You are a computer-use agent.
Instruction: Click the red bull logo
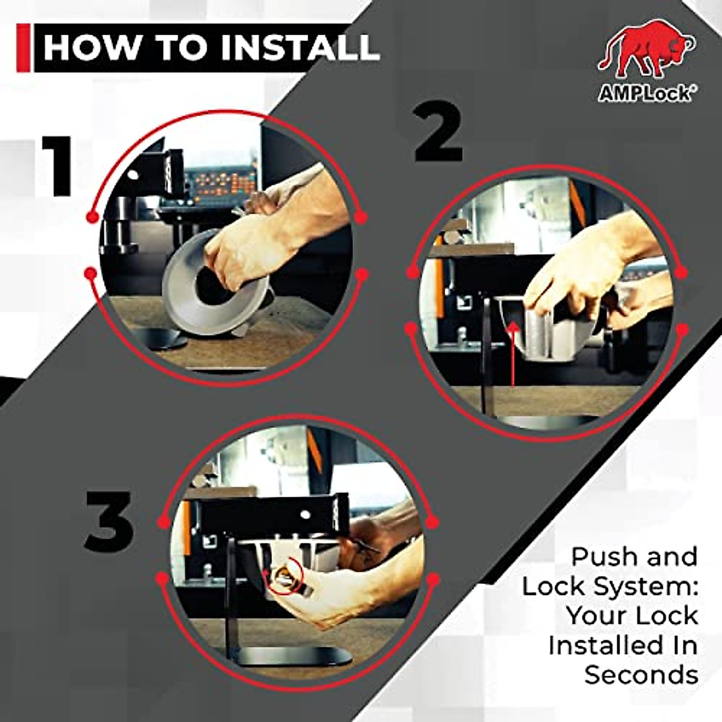646,52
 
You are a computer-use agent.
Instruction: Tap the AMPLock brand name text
644,94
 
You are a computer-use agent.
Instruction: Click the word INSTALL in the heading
298,47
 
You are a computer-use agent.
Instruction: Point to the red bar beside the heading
23,48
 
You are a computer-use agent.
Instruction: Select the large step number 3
110,522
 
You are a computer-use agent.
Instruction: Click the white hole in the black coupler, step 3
306,515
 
